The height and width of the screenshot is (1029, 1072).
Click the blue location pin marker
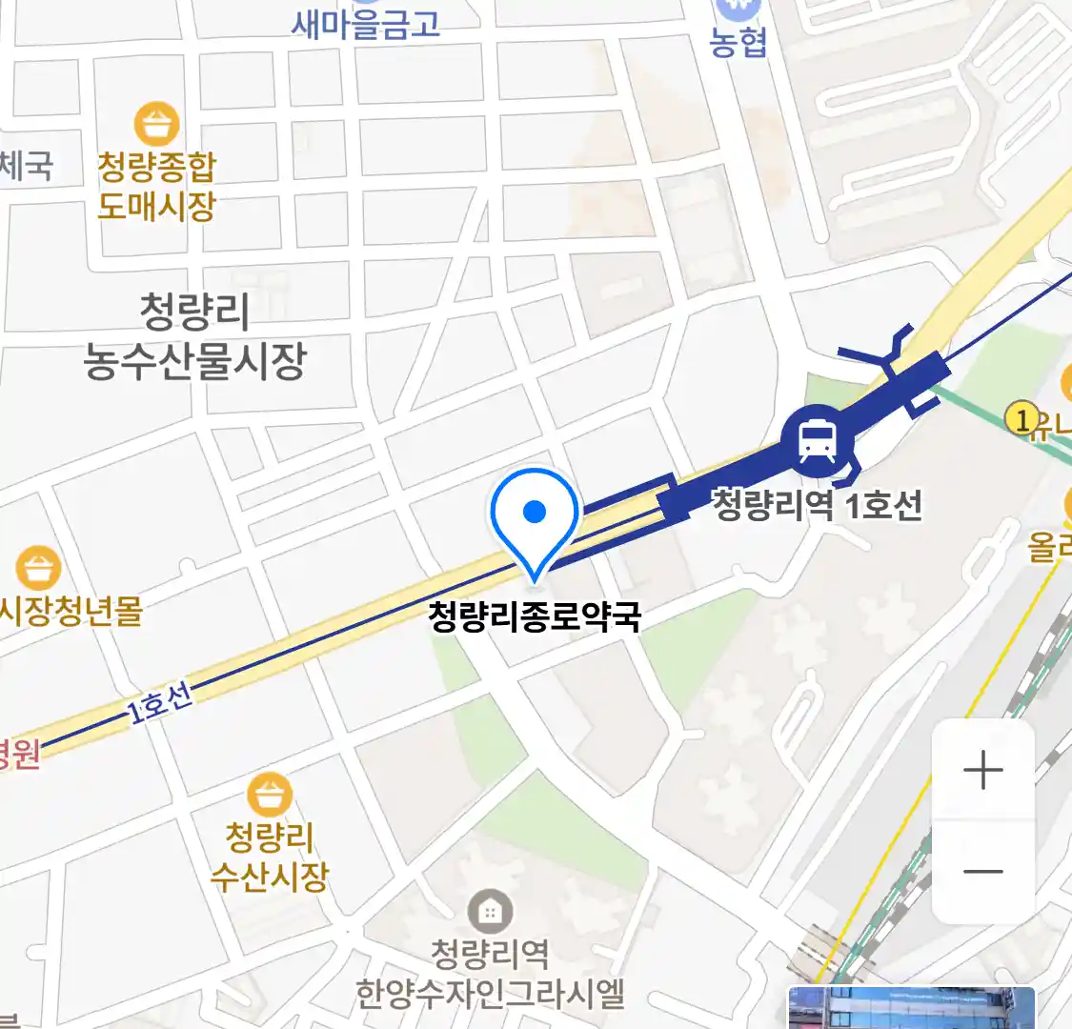coord(535,514)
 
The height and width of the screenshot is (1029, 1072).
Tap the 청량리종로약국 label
coord(535,616)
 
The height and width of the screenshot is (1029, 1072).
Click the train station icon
coord(817,440)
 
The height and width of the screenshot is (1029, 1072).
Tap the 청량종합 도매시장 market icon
coord(156,124)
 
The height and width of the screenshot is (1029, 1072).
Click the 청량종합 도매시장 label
coord(156,187)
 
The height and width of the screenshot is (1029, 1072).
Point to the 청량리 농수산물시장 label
coord(194,335)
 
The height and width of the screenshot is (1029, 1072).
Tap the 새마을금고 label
coord(366,24)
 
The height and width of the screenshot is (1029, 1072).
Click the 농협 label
coord(738,42)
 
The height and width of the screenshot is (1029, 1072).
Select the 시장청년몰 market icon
coord(38,568)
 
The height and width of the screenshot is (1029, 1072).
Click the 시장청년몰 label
coord(71,610)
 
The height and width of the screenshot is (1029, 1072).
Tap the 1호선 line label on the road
coord(160,702)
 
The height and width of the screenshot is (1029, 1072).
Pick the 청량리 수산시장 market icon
coord(270,796)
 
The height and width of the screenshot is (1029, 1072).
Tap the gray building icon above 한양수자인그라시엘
coord(490,912)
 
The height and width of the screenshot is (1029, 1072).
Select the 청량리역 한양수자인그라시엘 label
coord(490,972)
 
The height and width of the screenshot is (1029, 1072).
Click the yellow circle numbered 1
coord(1021,417)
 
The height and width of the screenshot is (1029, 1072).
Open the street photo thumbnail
coord(911,1008)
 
